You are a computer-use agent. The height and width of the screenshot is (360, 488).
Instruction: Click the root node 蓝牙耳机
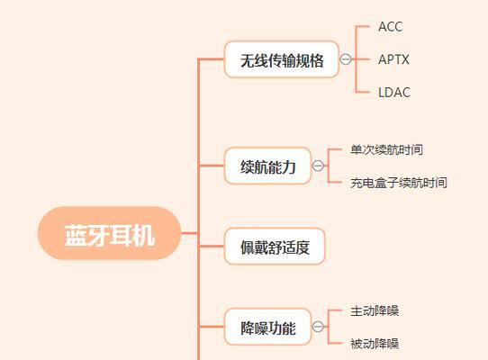tap(109, 233)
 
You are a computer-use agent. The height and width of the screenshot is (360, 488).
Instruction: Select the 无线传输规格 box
tap(281, 59)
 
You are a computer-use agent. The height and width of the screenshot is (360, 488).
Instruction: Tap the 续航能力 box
tap(267, 166)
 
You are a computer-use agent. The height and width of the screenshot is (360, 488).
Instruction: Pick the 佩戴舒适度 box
tap(275, 246)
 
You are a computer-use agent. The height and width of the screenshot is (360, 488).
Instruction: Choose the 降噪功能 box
tap(267, 327)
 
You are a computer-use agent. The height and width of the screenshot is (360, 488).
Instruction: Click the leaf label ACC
tap(390, 27)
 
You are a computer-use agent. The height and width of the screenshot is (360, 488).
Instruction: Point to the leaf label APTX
tap(393, 59)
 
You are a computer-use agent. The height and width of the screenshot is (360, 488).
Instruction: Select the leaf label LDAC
tap(394, 93)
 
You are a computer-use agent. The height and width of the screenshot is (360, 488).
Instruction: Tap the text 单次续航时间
tap(386, 149)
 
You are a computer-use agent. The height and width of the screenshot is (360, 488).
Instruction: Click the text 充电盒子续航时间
tap(399, 183)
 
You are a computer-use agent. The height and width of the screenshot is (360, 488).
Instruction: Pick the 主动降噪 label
tap(375, 310)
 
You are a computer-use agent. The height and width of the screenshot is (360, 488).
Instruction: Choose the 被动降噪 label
tap(375, 344)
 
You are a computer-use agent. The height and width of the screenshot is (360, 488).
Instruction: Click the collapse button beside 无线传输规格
tap(346, 59)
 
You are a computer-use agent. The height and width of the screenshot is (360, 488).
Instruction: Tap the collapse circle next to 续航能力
tap(318, 166)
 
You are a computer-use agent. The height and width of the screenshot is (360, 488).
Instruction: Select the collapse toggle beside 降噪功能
tap(318, 327)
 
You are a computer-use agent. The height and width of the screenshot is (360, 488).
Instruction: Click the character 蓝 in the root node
tap(76, 236)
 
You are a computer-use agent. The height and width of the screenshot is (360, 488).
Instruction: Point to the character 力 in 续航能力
tap(289, 166)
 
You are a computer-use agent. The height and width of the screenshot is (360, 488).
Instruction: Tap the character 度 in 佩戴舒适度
tap(303, 247)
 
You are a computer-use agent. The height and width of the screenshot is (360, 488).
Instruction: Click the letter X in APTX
tap(404, 59)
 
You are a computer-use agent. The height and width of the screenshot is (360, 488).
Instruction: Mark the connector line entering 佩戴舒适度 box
tap(212, 246)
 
